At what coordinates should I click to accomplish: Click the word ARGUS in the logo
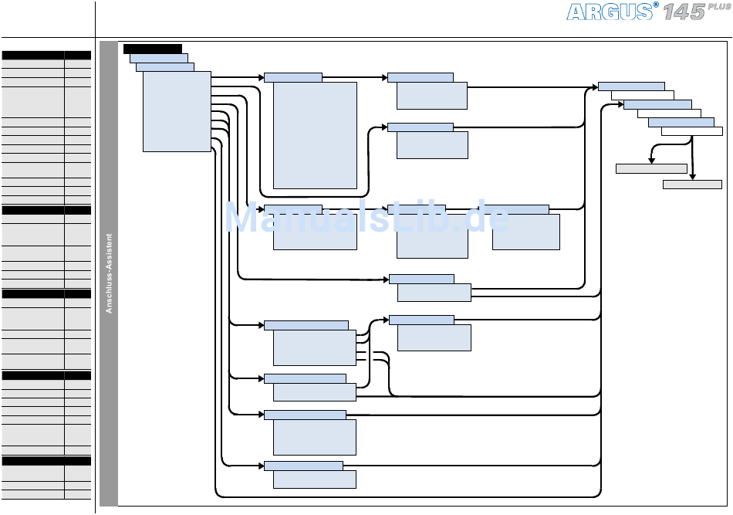pos(610,12)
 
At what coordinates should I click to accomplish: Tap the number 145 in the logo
pos(684,12)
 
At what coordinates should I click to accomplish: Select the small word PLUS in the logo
pos(719,7)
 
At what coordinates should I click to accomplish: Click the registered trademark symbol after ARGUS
pos(656,5)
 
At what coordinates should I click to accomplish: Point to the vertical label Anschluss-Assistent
pos(109,273)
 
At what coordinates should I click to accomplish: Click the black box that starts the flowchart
pos(153,49)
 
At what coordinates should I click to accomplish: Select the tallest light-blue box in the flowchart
pos(315,136)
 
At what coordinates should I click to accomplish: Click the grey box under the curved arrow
pos(651,168)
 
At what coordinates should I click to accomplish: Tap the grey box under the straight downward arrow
pos(692,185)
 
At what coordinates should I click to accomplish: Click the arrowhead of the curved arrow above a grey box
pos(651,161)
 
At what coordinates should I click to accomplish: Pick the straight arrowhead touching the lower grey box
pos(692,177)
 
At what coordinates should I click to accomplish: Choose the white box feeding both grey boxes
pos(692,131)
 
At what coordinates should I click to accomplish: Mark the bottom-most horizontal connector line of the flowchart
pos(407,496)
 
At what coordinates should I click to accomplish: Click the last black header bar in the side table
pos(46,461)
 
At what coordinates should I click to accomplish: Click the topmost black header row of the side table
pos(46,55)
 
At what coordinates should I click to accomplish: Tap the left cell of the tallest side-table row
pos(32,102)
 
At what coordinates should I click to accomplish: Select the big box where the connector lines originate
pos(177,111)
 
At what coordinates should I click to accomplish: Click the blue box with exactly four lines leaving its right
pos(315,348)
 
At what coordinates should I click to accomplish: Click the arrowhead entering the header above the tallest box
pos(261,77)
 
